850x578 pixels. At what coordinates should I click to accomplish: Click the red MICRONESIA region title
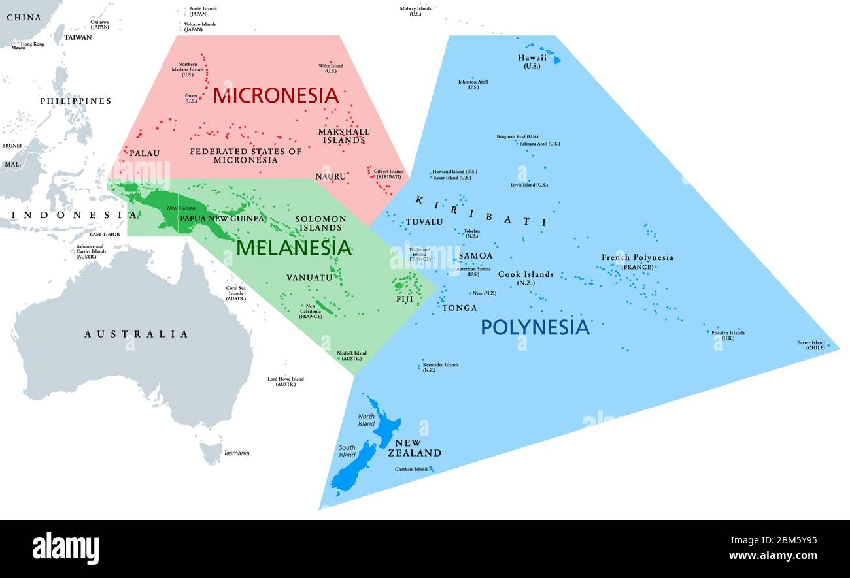point(275,95)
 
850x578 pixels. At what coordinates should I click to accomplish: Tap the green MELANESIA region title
point(294,248)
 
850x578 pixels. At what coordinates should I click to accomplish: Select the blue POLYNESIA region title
point(535,327)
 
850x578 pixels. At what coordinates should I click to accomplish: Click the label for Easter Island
point(810,345)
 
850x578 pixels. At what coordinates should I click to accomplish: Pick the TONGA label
point(459,308)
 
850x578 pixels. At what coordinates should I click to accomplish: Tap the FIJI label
point(405,299)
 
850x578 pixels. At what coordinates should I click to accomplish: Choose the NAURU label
point(330,176)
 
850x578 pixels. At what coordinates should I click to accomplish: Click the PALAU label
point(144,153)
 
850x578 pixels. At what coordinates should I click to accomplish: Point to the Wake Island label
point(330,68)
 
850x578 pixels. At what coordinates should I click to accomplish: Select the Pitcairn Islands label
point(728,335)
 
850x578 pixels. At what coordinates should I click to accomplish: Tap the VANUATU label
point(309,278)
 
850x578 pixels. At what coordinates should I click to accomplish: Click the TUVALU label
point(424,222)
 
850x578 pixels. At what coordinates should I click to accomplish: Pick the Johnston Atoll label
point(473,84)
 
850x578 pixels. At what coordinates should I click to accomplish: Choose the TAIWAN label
point(78,37)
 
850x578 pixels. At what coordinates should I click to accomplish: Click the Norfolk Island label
point(352,356)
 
